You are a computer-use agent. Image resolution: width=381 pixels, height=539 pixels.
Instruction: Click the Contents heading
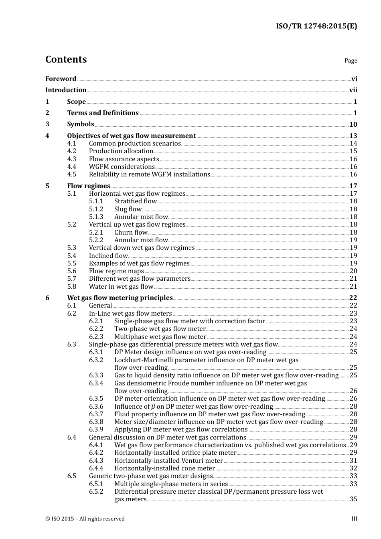pyautogui.click(x=66, y=59)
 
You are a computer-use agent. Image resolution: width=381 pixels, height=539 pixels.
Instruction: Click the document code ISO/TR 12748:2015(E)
pyautogui.click(x=316, y=26)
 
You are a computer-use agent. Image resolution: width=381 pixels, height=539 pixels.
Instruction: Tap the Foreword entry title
pyautogui.click(x=61, y=79)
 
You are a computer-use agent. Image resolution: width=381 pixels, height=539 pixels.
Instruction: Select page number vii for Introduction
pyautogui.click(x=353, y=90)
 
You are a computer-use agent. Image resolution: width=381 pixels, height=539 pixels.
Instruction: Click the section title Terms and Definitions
pyautogui.click(x=103, y=113)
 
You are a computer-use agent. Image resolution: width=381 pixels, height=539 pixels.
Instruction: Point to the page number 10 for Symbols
pyautogui.click(x=353, y=125)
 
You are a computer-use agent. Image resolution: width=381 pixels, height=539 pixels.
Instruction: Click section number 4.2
pyautogui.click(x=71, y=151)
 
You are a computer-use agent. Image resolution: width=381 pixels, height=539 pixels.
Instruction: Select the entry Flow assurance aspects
pyautogui.click(x=124, y=159)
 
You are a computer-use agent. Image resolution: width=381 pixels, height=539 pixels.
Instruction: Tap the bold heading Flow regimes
pyautogui.click(x=88, y=186)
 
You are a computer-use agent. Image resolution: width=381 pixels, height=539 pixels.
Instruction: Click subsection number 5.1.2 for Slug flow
pyautogui.click(x=96, y=209)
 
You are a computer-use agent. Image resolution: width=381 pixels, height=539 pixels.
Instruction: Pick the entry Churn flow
pyautogui.click(x=131, y=233)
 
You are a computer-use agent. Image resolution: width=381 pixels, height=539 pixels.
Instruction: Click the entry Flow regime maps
pyautogui.click(x=116, y=271)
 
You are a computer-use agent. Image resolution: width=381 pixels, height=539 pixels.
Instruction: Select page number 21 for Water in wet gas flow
pyautogui.click(x=353, y=287)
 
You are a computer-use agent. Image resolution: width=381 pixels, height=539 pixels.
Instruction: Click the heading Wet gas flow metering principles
pyautogui.click(x=120, y=298)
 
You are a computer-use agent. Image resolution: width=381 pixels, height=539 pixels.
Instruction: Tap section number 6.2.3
pyautogui.click(x=96, y=337)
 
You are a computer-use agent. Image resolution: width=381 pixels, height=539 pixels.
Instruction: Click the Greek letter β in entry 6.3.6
pyautogui.click(x=153, y=407)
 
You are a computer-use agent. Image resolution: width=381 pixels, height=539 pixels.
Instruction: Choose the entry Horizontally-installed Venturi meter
pyautogui.click(x=168, y=461)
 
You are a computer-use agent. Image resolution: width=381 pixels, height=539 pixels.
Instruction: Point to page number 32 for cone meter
pyautogui.click(x=353, y=468)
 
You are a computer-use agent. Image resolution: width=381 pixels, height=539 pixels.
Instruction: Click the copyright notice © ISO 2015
pyautogui.click(x=85, y=519)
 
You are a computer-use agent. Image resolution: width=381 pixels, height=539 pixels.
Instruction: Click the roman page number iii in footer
pyautogui.click(x=354, y=519)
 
